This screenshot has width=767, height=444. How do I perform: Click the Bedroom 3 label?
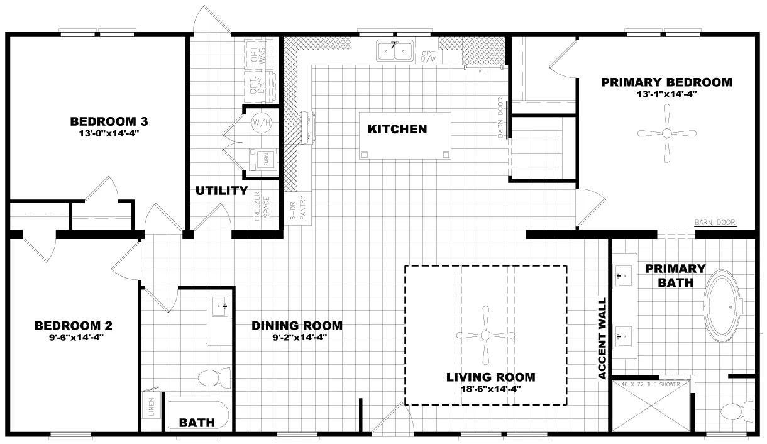109,121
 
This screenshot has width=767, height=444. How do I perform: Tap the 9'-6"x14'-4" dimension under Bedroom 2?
76,338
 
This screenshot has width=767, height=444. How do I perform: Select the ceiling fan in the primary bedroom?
666,133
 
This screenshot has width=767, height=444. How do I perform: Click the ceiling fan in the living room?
485,335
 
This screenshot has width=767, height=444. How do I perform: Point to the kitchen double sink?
395,51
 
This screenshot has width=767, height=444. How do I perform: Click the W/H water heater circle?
262,122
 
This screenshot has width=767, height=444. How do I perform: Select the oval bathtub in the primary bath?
723,306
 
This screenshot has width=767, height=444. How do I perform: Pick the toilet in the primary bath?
737,411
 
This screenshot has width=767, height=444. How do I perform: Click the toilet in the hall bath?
214,378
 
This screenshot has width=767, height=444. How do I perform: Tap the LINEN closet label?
152,407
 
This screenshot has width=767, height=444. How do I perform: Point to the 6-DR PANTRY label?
298,208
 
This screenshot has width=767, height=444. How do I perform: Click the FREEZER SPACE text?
262,206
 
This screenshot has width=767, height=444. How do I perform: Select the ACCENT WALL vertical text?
602,338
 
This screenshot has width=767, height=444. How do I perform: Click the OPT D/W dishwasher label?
429,56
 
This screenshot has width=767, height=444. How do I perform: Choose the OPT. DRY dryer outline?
261,86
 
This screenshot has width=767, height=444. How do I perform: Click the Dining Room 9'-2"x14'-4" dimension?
300,338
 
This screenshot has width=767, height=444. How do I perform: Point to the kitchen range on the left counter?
307,128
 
